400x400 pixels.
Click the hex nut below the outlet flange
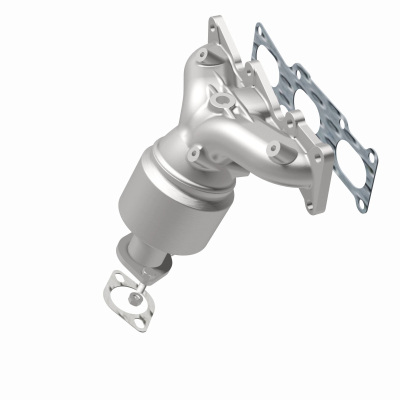coord(134,298)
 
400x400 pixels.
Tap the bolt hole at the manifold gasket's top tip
coord(258,30)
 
